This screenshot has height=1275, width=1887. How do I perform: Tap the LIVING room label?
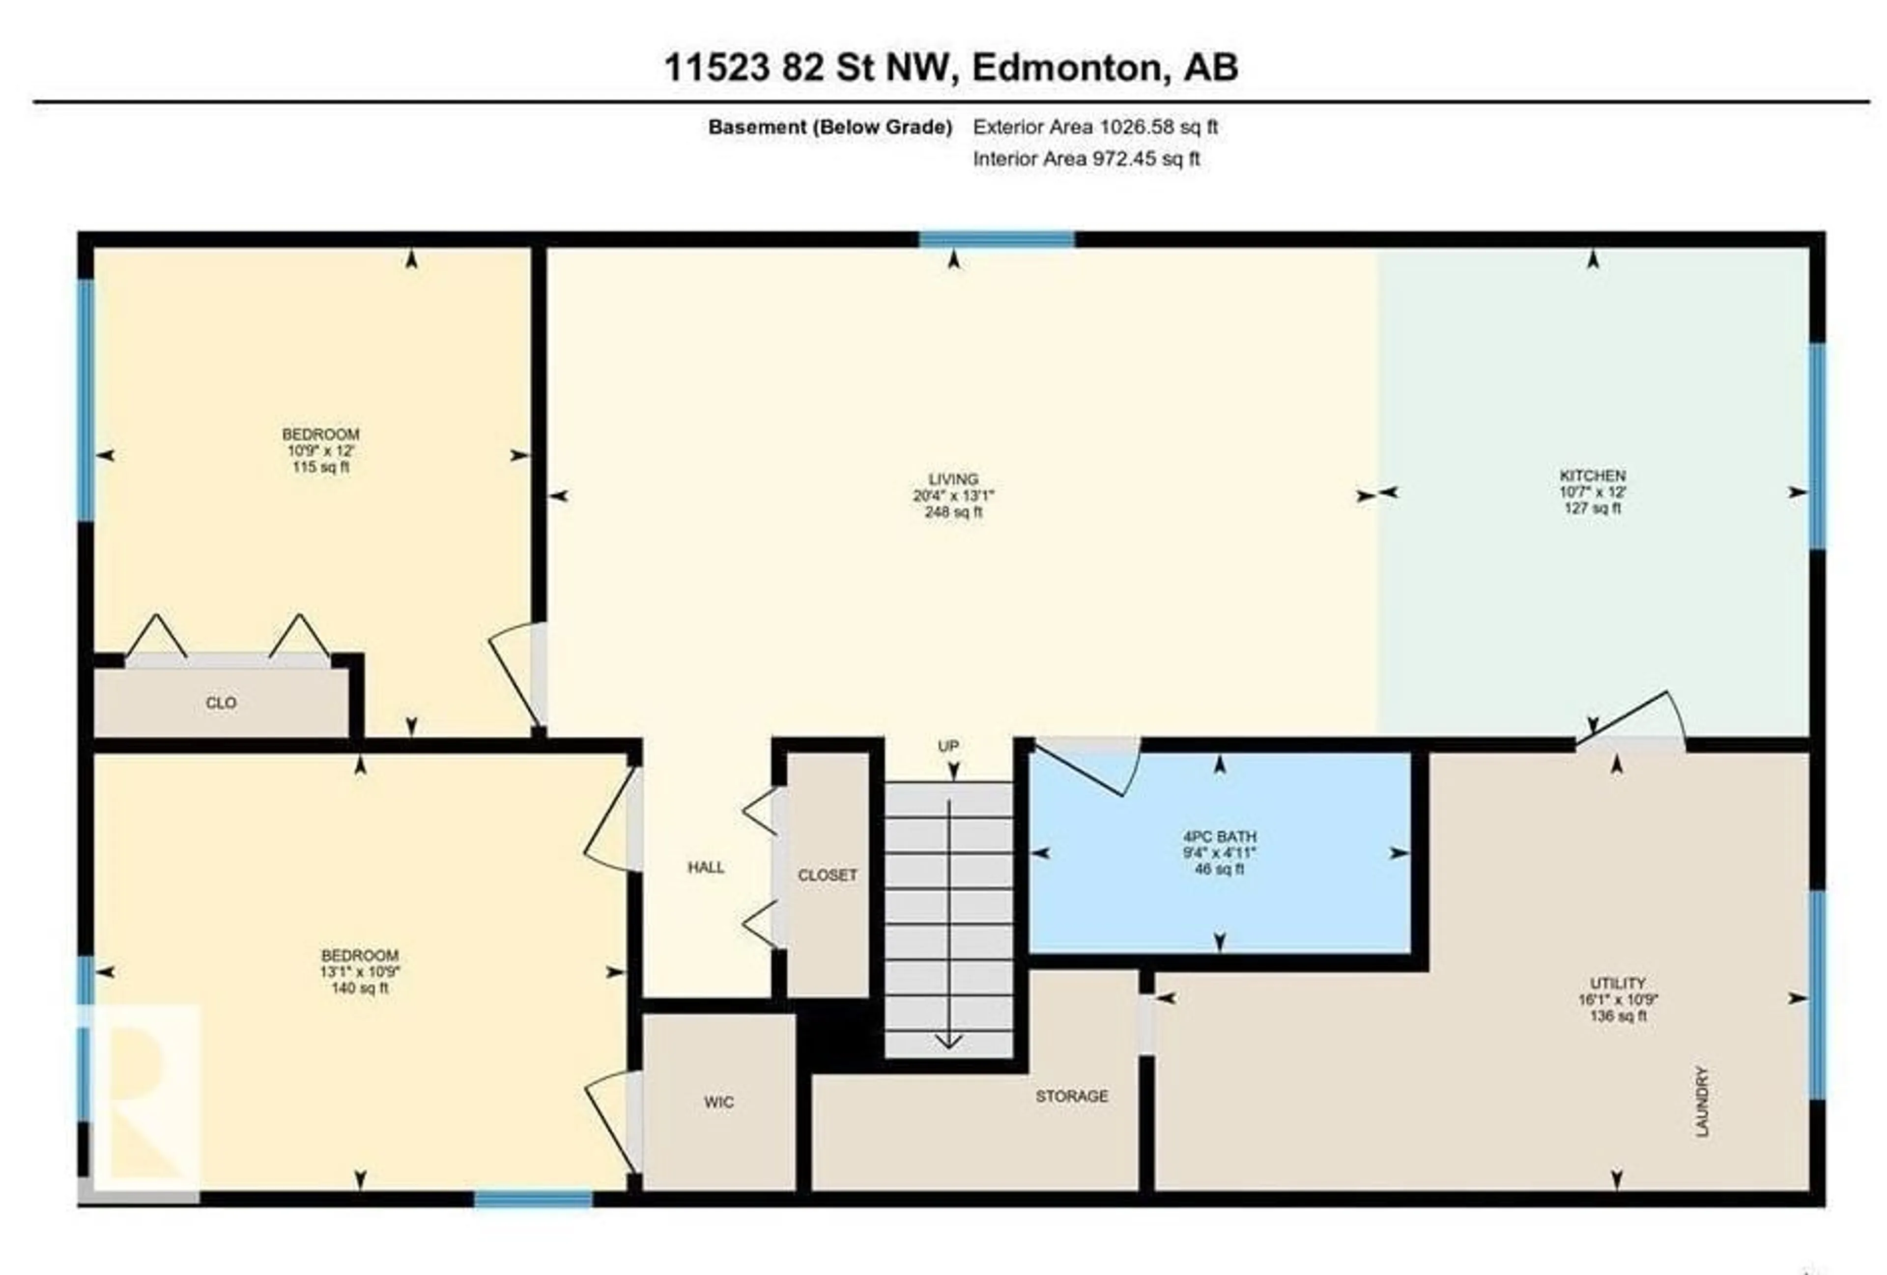point(953,479)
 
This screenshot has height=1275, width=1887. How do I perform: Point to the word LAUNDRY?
point(1703,1102)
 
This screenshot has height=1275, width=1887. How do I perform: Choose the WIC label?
point(718,1102)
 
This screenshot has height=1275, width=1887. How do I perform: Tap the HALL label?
point(706,868)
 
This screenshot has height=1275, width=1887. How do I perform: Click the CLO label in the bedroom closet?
point(221,703)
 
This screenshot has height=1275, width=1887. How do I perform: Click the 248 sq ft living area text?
point(953,512)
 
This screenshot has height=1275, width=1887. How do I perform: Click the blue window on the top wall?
point(997,239)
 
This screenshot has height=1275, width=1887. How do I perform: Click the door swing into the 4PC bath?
point(1088,767)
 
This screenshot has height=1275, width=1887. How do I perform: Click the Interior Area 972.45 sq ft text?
point(1086,159)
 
